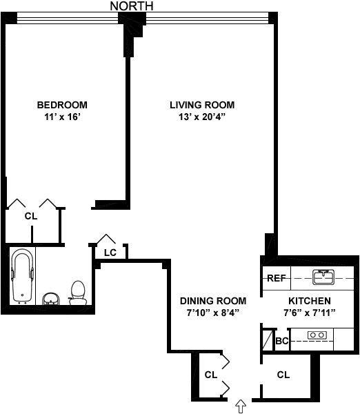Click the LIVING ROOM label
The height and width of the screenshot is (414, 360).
click(x=202, y=105)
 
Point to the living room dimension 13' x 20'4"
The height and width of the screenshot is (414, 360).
click(x=202, y=117)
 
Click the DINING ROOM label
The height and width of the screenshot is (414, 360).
click(x=213, y=301)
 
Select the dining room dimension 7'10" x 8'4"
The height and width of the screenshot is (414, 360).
click(x=213, y=313)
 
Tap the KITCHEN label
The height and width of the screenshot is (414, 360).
click(x=309, y=301)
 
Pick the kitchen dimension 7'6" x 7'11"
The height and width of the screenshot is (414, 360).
click(x=309, y=313)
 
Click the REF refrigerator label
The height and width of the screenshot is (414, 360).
click(x=276, y=279)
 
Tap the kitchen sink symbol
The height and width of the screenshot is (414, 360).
click(x=323, y=277)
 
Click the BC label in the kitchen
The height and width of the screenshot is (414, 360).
click(x=281, y=341)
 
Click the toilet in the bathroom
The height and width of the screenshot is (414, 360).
click(x=77, y=293)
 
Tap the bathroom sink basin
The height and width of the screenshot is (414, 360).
click(x=50, y=299)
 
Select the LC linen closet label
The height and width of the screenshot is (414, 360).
click(x=110, y=253)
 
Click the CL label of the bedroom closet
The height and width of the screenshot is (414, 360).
click(x=30, y=216)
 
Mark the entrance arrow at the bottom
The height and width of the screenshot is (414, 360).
click(x=241, y=406)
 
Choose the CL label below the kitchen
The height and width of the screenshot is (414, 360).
click(x=283, y=375)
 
